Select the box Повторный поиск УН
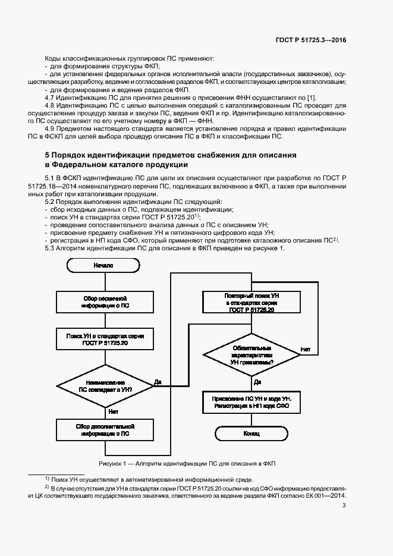pyautogui.click(x=251, y=303)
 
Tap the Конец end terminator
pyautogui.click(x=251, y=434)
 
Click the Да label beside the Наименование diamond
pyautogui.click(x=158, y=381)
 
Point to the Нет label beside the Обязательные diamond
pyautogui.click(x=306, y=349)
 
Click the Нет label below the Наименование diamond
pyautogui.click(x=113, y=411)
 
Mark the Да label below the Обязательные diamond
pyautogui.click(x=257, y=382)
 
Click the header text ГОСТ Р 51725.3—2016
pyautogui.click(x=310, y=40)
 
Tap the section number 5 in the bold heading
pyautogui.click(x=47, y=155)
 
